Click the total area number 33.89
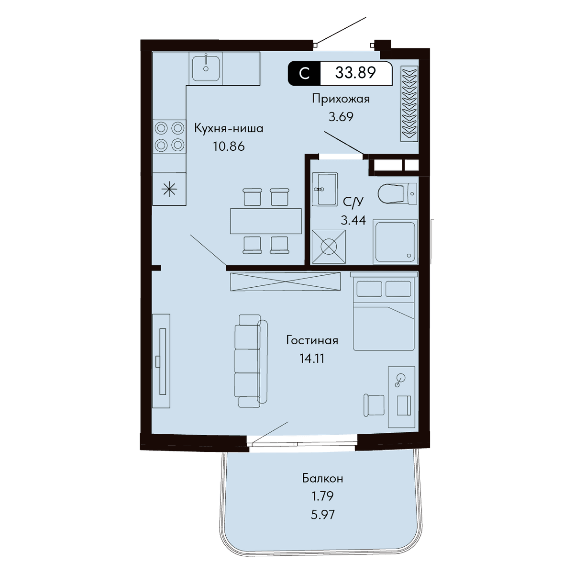355,72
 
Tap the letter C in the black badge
304,73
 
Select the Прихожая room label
341,99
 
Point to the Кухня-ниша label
229,128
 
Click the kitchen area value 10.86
229,146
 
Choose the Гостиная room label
312,340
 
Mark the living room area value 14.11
312,359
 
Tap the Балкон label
322,479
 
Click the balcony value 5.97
322,515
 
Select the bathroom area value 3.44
353,220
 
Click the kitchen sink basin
206,68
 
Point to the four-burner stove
169,136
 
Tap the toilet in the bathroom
397,193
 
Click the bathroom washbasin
325,189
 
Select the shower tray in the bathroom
396,242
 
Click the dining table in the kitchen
265,221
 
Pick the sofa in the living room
251,361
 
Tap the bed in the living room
384,311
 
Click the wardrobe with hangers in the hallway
409,103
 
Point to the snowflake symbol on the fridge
169,189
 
